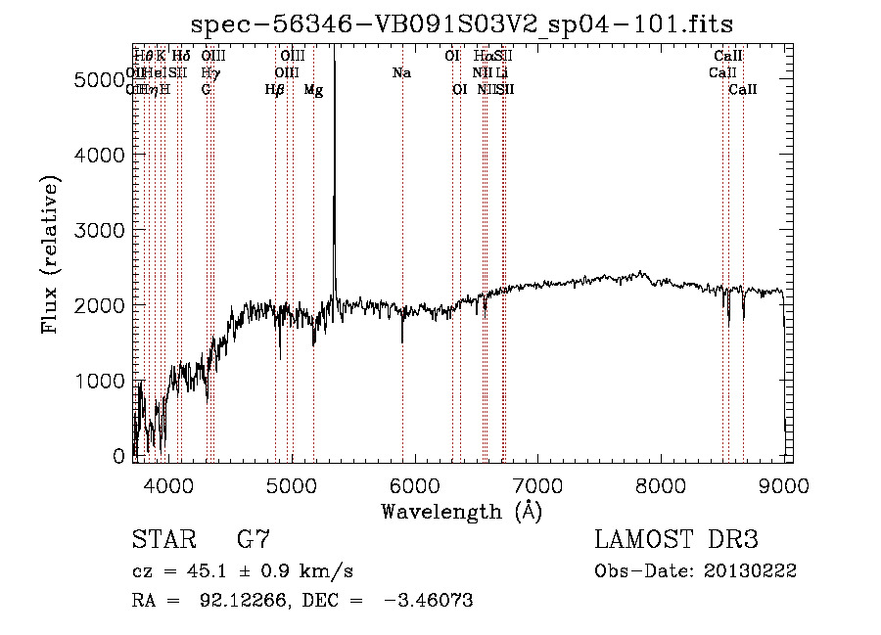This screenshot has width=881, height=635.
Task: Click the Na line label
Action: (x=401, y=73)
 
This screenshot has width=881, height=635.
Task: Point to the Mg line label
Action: (x=313, y=90)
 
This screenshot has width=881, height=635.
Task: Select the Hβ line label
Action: (x=275, y=90)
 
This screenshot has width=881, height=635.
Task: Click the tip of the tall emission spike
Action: (x=335, y=49)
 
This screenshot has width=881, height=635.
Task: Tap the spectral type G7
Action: (x=254, y=540)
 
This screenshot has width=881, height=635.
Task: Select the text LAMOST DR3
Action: (x=675, y=540)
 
